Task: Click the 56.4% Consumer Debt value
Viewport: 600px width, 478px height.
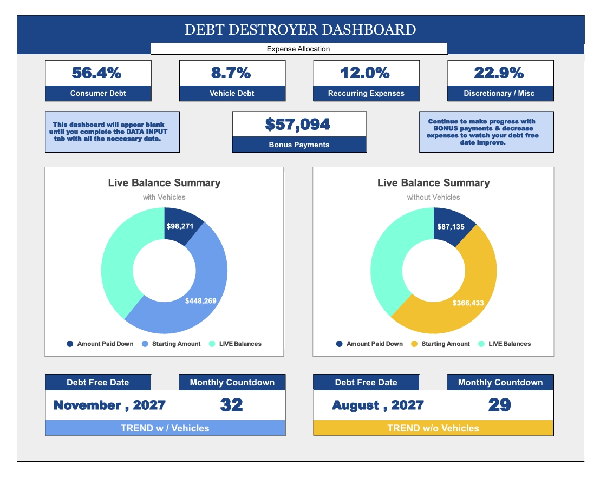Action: [97, 73]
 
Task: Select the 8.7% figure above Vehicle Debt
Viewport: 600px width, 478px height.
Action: [231, 73]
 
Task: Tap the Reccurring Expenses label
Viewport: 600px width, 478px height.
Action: [366, 93]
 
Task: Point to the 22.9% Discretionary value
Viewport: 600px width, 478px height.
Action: [499, 73]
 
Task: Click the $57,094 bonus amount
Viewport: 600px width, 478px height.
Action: [298, 124]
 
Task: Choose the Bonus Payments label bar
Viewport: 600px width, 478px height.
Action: [299, 145]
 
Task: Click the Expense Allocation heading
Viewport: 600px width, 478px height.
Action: [298, 49]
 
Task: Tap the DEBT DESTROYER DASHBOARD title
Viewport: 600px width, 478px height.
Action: [300, 30]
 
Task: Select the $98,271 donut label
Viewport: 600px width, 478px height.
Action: [180, 226]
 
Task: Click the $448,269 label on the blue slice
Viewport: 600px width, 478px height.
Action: [201, 300]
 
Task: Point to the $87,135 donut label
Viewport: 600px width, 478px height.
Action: [449, 227]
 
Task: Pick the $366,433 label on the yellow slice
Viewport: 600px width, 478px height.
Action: [468, 303]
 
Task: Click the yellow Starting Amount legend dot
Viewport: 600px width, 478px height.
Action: [415, 344]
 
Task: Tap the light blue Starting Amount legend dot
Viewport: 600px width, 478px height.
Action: [145, 344]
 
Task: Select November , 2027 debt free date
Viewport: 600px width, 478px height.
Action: [109, 405]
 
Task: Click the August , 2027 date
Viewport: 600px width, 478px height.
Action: [378, 405]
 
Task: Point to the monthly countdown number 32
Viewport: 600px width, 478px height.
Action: [231, 405]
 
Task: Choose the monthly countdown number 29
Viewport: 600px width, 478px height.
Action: [499, 405]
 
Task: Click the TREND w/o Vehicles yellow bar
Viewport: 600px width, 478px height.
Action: [433, 428]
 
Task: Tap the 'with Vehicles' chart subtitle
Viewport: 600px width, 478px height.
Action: [164, 197]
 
